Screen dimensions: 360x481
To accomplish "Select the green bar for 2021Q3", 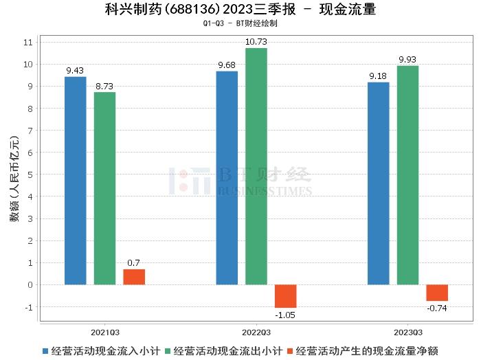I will coord(105,188).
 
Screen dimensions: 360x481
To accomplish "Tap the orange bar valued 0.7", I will coord(134,276).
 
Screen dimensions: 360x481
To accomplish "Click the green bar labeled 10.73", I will coord(256,166).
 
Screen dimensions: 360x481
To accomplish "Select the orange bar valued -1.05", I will coord(286,296).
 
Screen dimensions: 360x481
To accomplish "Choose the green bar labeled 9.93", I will coord(407,175).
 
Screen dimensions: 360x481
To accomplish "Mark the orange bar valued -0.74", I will coord(437,293).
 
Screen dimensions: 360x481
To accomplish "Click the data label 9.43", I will coord(76,71).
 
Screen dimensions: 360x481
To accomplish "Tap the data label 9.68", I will coord(227,65).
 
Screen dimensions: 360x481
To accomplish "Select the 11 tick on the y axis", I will coord(28,43).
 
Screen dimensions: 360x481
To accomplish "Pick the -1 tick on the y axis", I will coord(28,306).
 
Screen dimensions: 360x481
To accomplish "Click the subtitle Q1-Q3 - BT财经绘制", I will coord(240,23).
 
